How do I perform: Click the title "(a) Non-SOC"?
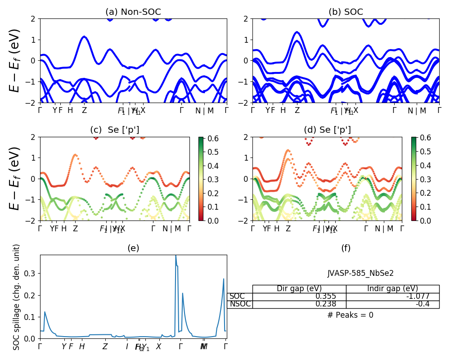pyautogui.click(x=133, y=12)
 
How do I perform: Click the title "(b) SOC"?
pyautogui.click(x=346, y=12)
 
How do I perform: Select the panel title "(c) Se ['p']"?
pyautogui.click(x=115, y=130)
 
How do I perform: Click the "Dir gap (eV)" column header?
pyautogui.click(x=299, y=289)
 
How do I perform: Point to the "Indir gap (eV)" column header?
pyautogui.click(x=392, y=289)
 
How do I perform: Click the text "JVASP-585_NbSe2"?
pyautogui.click(x=360, y=273)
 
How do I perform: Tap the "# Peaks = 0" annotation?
pyautogui.click(x=350, y=315)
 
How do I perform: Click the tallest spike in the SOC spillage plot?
pyautogui.click(x=175, y=256)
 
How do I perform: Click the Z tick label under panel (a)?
pyautogui.click(x=84, y=110)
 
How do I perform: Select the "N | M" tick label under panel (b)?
pyautogui.click(x=417, y=111)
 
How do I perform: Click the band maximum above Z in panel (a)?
pyautogui.click(x=84, y=37)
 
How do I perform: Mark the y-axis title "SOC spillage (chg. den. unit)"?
pyautogui.click(x=17, y=297)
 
